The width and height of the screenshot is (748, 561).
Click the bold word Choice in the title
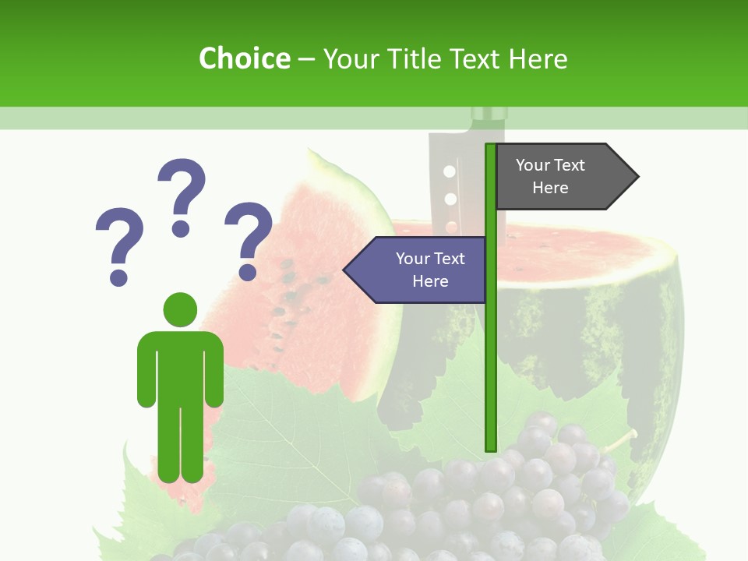pyautogui.click(x=244, y=58)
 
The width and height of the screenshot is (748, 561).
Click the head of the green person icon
pyautogui.click(x=180, y=309)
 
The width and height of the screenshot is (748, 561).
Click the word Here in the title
pyautogui.click(x=538, y=58)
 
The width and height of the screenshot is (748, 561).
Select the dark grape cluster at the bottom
pyautogui.click(x=499, y=499)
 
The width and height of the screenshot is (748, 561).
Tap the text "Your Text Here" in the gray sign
pyautogui.click(x=550, y=176)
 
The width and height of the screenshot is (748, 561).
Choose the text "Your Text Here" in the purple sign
pyautogui.click(x=430, y=270)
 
